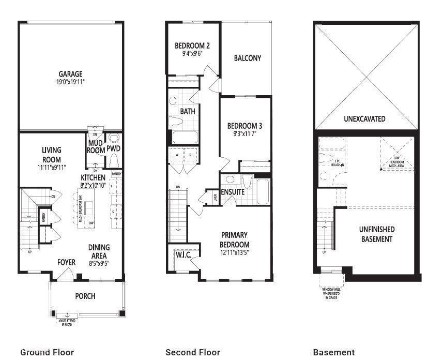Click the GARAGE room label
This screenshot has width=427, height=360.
coord(70,74)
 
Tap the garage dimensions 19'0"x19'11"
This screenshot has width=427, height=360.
coord(70,82)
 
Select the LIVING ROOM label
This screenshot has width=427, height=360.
coord(52,155)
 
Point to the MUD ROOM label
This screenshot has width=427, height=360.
coord(96,147)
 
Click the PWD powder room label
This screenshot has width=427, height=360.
coord(113,148)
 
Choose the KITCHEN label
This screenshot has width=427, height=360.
coord(93,177)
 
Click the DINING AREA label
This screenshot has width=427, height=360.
coord(99,251)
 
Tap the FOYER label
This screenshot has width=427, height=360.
coord(66,262)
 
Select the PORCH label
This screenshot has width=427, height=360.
coord(85,296)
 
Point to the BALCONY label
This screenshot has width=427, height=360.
coord(247,58)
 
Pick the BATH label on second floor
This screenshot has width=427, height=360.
coord(187,111)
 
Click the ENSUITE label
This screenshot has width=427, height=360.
coord(233,192)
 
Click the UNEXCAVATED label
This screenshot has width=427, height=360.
coord(364,118)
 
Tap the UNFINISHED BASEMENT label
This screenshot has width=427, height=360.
coord(377,234)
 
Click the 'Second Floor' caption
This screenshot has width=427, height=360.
coord(192,352)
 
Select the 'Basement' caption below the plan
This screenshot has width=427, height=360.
coord(333,352)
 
